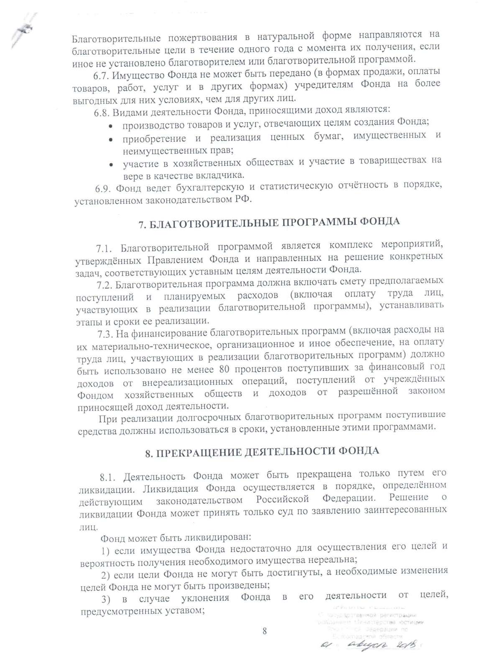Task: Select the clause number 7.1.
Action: pos(105,249)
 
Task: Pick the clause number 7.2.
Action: pos(105,285)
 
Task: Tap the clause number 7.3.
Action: pos(106,334)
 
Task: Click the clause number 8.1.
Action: pos(108,477)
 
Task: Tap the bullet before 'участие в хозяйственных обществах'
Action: pos(111,165)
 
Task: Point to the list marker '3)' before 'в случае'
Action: pos(106,600)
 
